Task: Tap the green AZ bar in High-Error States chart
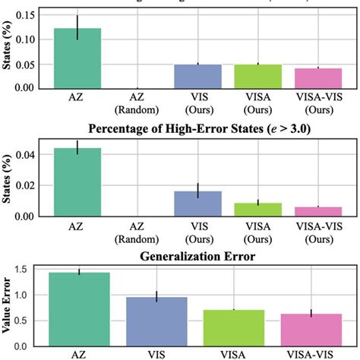(77, 182)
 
